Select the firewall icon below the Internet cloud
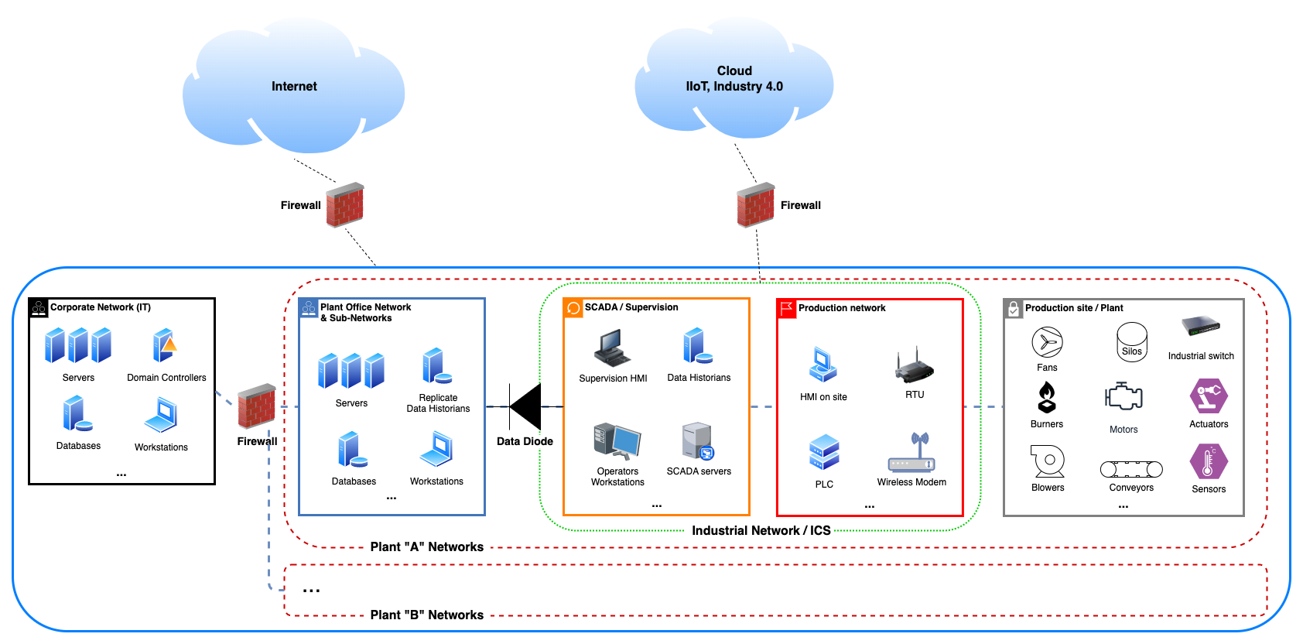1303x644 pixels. pyautogui.click(x=345, y=205)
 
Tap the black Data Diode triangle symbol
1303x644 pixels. pyautogui.click(x=526, y=406)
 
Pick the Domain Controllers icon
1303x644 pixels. pyautogui.click(x=165, y=346)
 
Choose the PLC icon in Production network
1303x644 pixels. pyautogui.click(x=824, y=452)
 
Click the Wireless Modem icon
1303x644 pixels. pyautogui.click(x=912, y=454)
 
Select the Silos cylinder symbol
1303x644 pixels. pyautogui.click(x=1132, y=341)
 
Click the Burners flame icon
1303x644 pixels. pyautogui.click(x=1047, y=397)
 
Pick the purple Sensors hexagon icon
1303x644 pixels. pyautogui.click(x=1209, y=461)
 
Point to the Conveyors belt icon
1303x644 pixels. pyautogui.click(x=1131, y=469)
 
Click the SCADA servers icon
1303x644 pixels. pyautogui.click(x=698, y=441)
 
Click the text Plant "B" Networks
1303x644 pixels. pyautogui.click(x=427, y=615)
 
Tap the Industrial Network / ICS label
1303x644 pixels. pyautogui.click(x=761, y=530)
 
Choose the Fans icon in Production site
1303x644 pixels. pyautogui.click(x=1047, y=342)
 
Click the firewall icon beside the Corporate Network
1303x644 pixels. pyautogui.click(x=257, y=406)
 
